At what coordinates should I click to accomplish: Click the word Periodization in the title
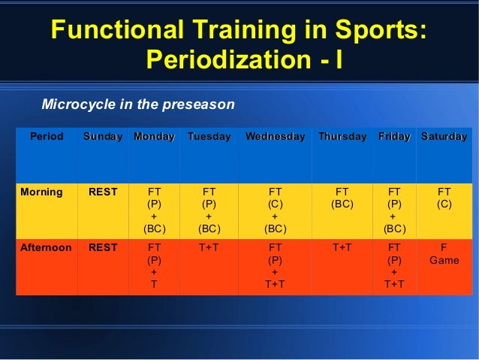[229, 59]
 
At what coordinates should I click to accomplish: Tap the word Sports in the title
[381, 29]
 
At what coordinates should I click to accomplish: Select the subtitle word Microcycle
[79, 104]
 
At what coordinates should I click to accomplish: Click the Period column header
[47, 137]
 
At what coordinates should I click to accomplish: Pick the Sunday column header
[103, 137]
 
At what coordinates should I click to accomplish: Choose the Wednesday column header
[276, 137]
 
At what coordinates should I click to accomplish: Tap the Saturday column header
[444, 137]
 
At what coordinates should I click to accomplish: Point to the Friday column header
[394, 137]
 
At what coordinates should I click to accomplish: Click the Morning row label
[41, 192]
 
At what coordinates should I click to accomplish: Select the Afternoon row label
[46, 247]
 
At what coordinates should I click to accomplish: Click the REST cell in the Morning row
[103, 192]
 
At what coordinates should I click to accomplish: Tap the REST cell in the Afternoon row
[103, 247]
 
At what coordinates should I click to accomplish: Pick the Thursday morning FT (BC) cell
[342, 198]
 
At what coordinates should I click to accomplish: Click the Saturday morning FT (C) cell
[444, 198]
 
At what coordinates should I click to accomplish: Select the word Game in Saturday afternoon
[444, 260]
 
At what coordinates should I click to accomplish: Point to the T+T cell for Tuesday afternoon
[209, 247]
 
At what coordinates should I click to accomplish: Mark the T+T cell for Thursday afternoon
[342, 247]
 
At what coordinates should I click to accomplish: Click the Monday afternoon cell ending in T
[154, 266]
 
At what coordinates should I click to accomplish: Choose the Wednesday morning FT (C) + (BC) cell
[276, 210]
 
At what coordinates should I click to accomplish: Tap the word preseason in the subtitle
[198, 105]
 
